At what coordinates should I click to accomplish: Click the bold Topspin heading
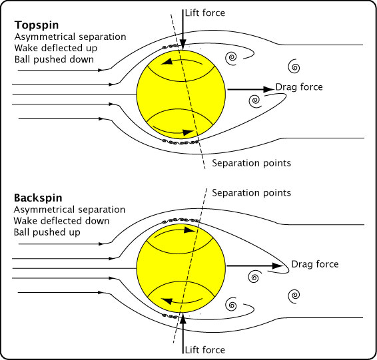(37, 25)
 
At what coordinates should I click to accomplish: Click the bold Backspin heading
(38, 198)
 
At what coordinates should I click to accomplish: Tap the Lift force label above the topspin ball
(205, 13)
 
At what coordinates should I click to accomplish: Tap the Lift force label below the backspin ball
(205, 350)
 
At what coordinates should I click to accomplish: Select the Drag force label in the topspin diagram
(299, 87)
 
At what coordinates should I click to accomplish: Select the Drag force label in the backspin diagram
(315, 264)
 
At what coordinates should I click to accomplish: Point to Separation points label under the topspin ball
(251, 163)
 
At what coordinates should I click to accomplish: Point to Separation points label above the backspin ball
(251, 193)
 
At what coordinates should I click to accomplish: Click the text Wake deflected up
(56, 48)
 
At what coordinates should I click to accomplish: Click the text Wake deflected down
(61, 221)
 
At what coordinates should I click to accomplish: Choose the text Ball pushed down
(54, 60)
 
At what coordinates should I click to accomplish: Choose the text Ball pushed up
(47, 232)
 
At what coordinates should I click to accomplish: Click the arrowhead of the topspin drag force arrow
(269, 89)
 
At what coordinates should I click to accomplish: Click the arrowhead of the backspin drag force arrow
(278, 266)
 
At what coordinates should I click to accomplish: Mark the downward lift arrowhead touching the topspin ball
(183, 45)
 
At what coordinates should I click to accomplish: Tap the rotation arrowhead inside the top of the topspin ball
(167, 62)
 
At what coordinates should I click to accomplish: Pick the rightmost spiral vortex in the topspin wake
(294, 67)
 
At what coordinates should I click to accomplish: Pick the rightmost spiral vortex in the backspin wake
(294, 295)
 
